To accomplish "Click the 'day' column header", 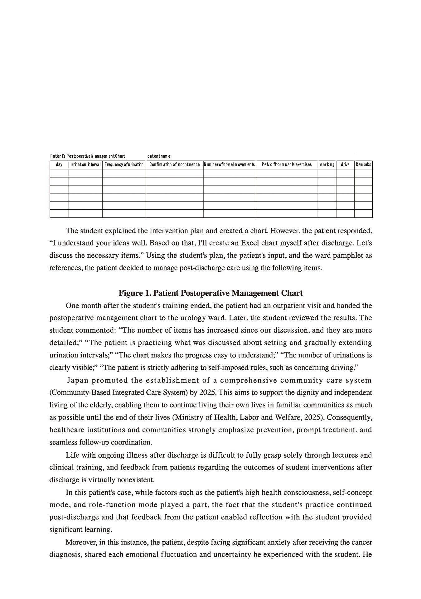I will [59, 164].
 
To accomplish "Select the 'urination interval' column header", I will [85, 164].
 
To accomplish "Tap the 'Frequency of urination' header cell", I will [124, 164].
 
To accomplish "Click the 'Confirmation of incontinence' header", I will [175, 164].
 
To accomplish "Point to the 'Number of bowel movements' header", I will [230, 164].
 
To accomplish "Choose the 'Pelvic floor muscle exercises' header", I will [287, 164].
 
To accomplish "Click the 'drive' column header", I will [345, 164].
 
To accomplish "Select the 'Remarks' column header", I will [364, 164].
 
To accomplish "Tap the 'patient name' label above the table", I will [159, 156].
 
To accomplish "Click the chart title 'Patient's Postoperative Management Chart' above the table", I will [88, 156].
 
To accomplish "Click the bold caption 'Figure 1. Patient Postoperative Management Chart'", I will [210, 293].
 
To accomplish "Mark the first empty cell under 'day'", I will [59, 173].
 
